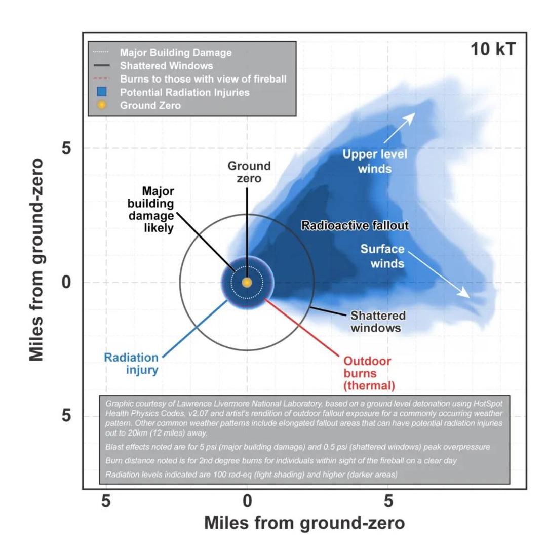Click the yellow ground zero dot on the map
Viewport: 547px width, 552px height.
click(x=247, y=283)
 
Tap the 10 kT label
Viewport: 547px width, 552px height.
click(x=493, y=49)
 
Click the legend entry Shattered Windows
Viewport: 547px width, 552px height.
click(x=166, y=66)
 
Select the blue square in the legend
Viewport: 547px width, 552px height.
click(x=102, y=92)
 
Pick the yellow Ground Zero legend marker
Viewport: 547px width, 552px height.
click(x=102, y=105)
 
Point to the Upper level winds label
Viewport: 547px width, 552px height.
click(x=375, y=161)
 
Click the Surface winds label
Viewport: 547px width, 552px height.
click(x=382, y=256)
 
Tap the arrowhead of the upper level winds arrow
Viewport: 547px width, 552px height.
click(x=411, y=117)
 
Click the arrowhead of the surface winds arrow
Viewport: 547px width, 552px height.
click(x=465, y=293)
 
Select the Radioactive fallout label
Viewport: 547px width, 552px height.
click(x=355, y=226)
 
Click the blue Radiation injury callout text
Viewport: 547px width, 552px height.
click(x=131, y=364)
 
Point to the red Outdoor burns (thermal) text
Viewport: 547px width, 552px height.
click(x=369, y=373)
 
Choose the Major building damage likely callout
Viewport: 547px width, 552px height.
click(x=151, y=210)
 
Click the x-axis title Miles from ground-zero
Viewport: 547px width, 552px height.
click(x=304, y=523)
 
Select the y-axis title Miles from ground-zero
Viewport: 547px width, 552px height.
click(x=36, y=260)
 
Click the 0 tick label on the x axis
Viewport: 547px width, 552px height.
click(x=248, y=501)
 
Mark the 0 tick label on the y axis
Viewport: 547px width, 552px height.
click(x=66, y=282)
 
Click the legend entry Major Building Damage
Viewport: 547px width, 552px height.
click(x=176, y=53)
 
